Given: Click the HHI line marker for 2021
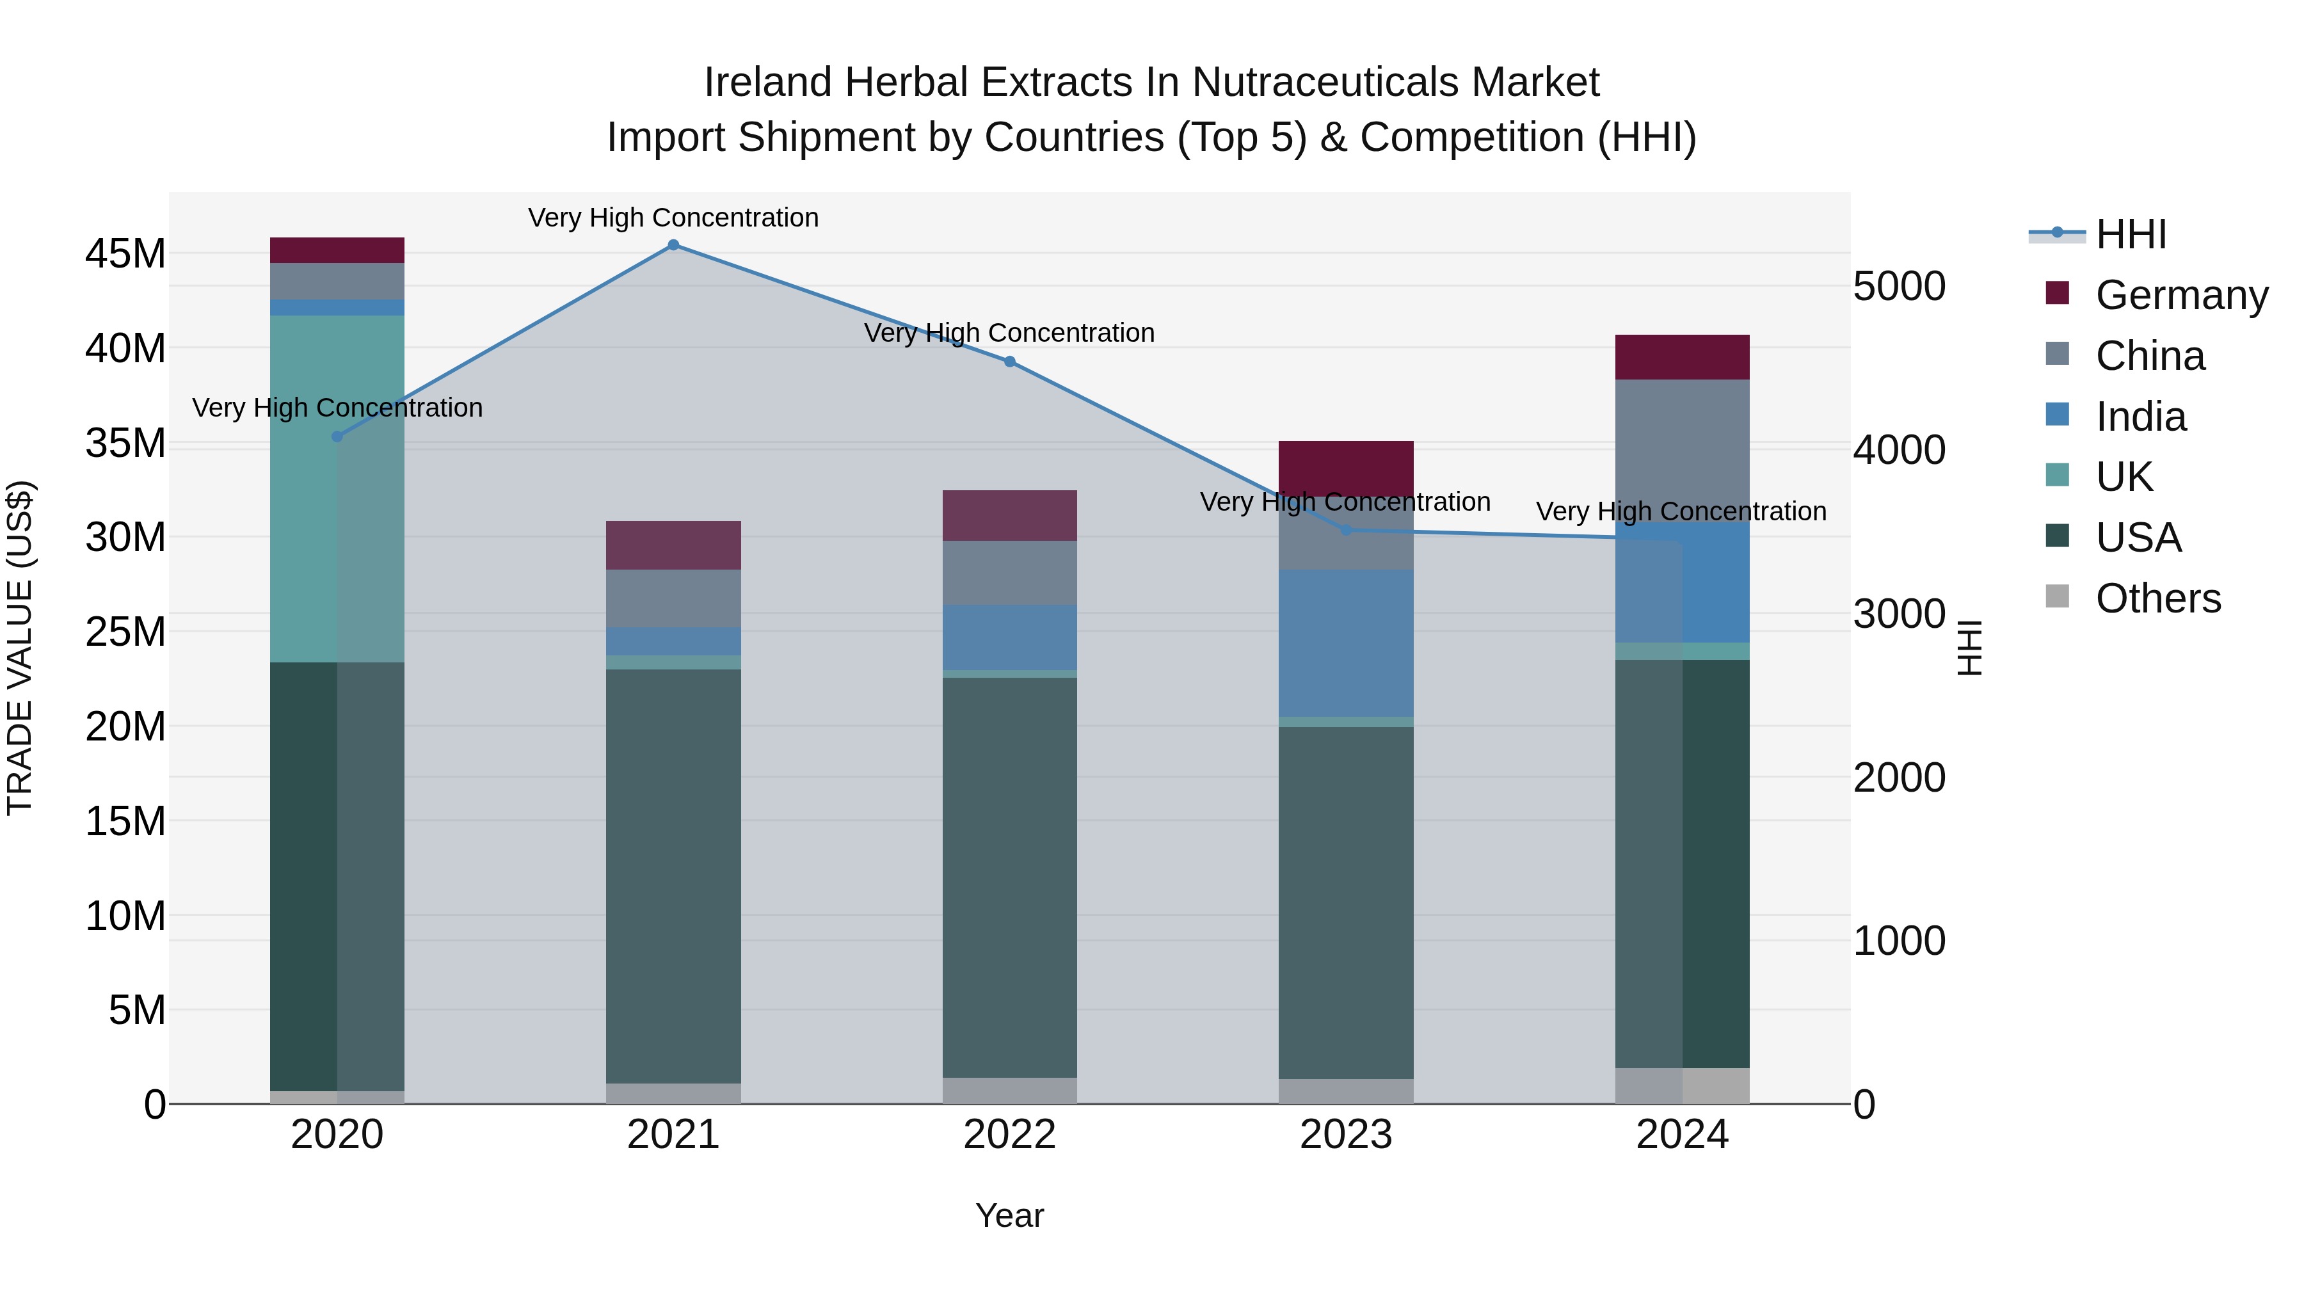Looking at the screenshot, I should tap(673, 245).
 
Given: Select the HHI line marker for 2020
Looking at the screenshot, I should tap(337, 436).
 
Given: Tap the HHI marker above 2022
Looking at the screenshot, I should tap(1010, 362).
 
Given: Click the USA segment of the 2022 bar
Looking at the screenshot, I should tap(1010, 877).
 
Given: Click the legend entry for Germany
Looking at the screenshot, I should tap(2182, 295).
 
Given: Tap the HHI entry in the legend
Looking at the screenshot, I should tap(2131, 234).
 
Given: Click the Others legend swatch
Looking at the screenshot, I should tap(2057, 596).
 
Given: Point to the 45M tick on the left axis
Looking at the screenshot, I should tap(125, 254).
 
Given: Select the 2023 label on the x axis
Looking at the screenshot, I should tap(1345, 1135).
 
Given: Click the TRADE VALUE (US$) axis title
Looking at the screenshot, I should tap(20, 648).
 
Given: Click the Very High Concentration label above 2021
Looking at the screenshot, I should tap(673, 218).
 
